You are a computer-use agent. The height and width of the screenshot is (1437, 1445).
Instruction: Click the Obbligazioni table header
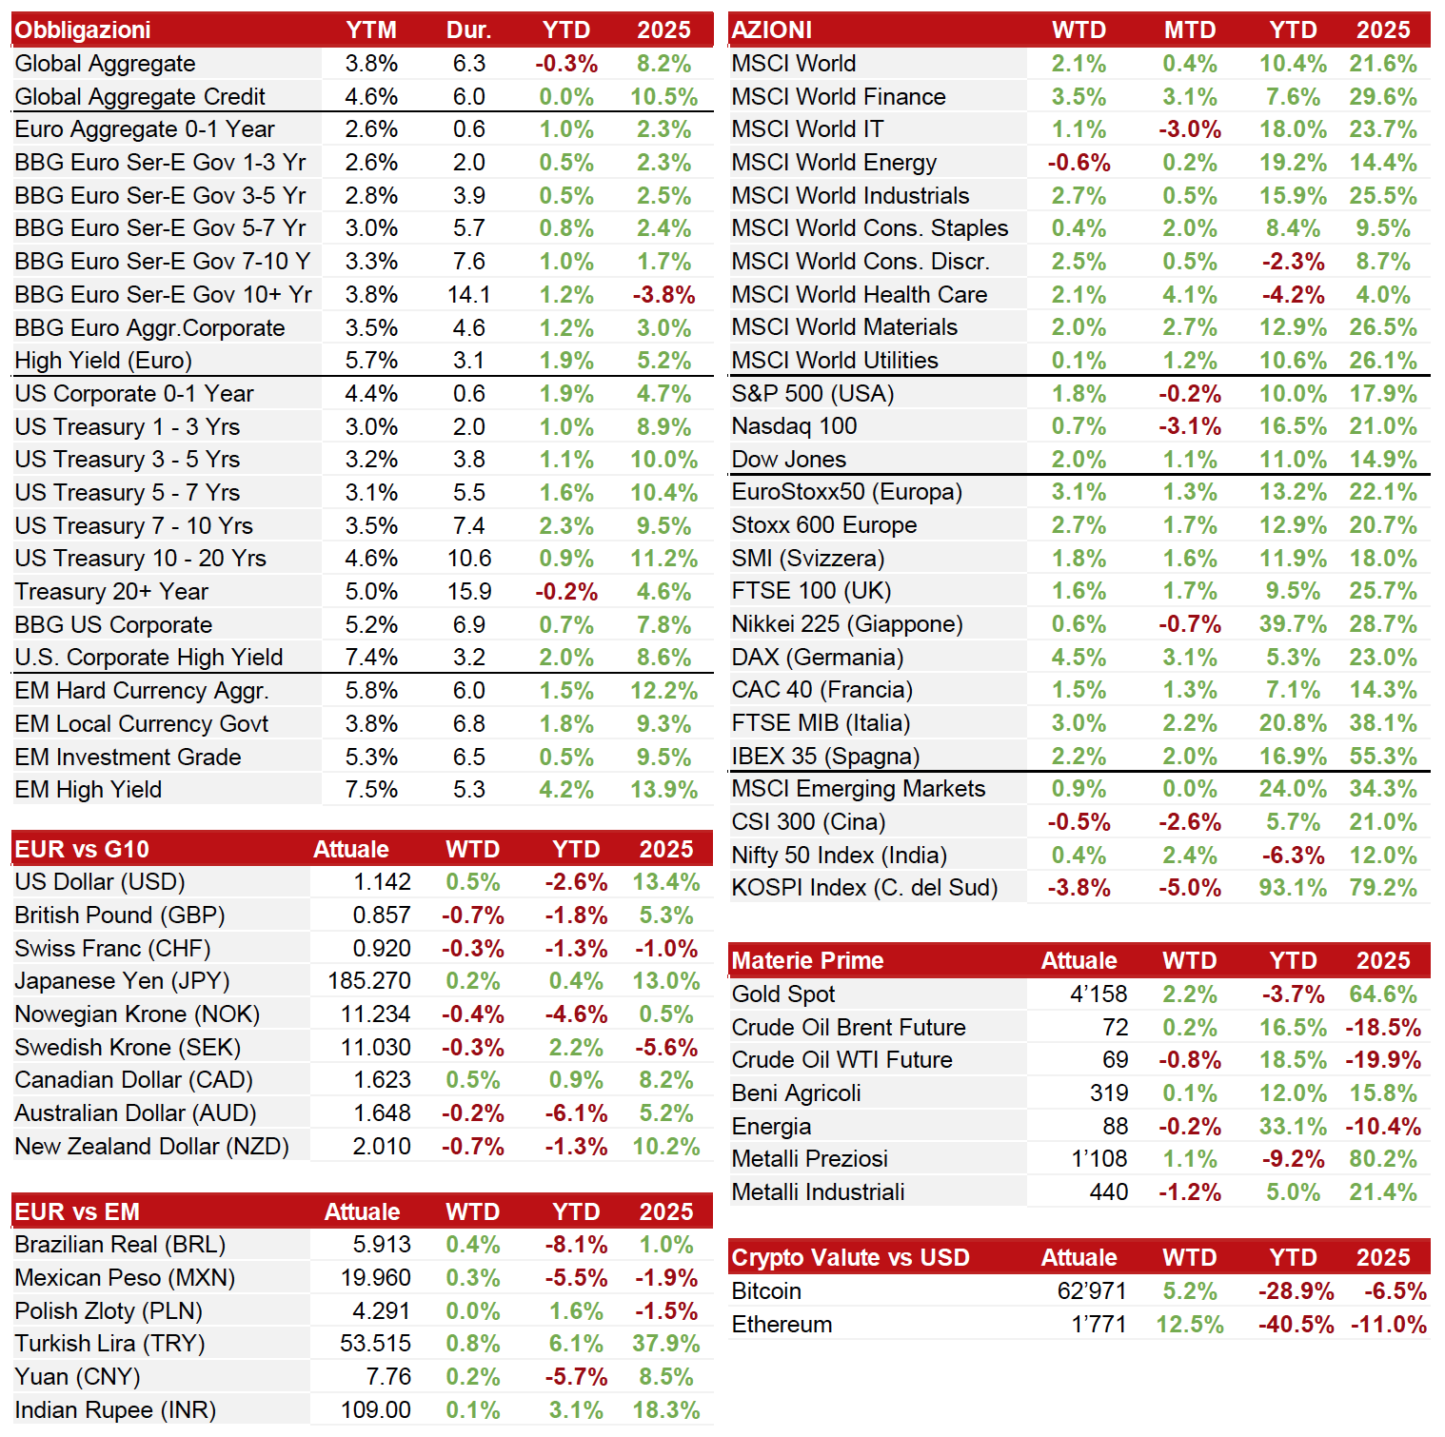click(83, 30)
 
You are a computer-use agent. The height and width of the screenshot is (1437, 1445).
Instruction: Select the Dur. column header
click(469, 30)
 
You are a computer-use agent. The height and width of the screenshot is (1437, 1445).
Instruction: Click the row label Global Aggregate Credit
click(140, 97)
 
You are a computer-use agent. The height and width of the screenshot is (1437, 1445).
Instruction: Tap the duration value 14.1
click(469, 295)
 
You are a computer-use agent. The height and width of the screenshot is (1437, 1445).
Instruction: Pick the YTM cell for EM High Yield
click(371, 790)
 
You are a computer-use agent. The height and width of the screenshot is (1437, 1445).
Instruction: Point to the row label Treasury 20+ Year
click(111, 592)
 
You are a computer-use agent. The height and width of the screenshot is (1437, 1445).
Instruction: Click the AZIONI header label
click(772, 30)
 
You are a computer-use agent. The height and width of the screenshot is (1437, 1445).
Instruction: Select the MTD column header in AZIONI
click(1190, 30)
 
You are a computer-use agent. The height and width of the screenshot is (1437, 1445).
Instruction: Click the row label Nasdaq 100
click(794, 426)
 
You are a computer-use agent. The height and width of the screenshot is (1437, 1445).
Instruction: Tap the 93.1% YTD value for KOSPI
click(1293, 888)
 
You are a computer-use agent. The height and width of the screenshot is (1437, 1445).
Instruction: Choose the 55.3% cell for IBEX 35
click(1383, 757)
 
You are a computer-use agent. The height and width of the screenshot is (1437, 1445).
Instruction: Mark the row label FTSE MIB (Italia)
click(821, 723)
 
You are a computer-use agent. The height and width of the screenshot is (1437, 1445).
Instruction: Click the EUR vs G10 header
click(82, 850)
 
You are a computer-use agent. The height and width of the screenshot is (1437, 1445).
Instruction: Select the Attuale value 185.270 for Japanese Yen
click(369, 981)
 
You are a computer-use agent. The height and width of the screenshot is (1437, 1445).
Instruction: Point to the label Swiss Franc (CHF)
click(112, 949)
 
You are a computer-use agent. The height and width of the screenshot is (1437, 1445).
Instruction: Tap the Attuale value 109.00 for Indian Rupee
click(376, 1410)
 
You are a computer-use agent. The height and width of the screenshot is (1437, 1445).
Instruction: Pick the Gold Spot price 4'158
click(1099, 994)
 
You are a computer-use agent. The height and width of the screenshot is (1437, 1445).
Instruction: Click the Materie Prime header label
click(807, 961)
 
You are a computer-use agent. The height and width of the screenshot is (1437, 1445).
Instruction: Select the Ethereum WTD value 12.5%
click(1190, 1325)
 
